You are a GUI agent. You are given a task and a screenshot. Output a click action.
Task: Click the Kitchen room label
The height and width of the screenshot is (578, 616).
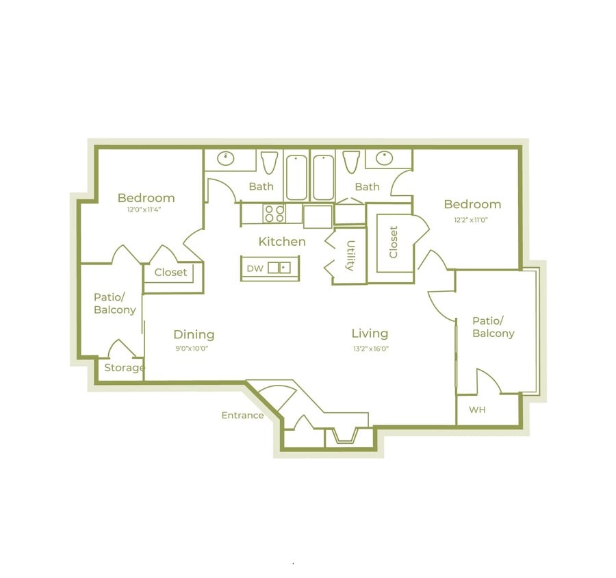(x=282, y=242)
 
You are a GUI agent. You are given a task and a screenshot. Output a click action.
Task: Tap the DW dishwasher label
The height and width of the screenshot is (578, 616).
(x=255, y=268)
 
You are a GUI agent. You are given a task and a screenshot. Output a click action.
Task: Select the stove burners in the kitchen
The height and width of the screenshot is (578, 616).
(x=274, y=214)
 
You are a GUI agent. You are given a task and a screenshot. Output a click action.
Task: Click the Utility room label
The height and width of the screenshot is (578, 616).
(x=350, y=256)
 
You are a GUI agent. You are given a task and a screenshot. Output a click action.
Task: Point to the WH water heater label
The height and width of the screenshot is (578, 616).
(x=477, y=410)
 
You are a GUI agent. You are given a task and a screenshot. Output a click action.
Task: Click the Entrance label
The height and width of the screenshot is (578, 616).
(x=242, y=416)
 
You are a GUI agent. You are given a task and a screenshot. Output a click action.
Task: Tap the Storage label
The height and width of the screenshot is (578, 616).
(x=124, y=368)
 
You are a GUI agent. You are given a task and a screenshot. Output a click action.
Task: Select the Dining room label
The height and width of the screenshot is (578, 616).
(x=194, y=334)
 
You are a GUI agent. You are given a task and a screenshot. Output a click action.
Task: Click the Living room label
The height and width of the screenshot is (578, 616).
(x=370, y=334)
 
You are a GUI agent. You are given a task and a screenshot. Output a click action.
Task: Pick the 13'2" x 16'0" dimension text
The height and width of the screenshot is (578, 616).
(x=370, y=349)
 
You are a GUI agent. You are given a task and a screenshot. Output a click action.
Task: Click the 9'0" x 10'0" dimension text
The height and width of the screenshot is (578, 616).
(x=191, y=349)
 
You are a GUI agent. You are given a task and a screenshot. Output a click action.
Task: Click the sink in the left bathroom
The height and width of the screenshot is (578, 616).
(x=226, y=159)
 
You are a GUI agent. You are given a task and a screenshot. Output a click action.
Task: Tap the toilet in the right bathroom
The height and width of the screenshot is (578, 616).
(x=352, y=162)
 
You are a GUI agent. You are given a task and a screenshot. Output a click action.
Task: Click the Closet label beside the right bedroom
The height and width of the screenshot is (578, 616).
(x=394, y=242)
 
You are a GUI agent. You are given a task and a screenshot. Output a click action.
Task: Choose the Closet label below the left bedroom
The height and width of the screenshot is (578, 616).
(x=170, y=273)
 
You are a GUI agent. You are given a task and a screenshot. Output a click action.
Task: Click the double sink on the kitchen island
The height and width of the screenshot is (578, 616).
(x=279, y=268)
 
